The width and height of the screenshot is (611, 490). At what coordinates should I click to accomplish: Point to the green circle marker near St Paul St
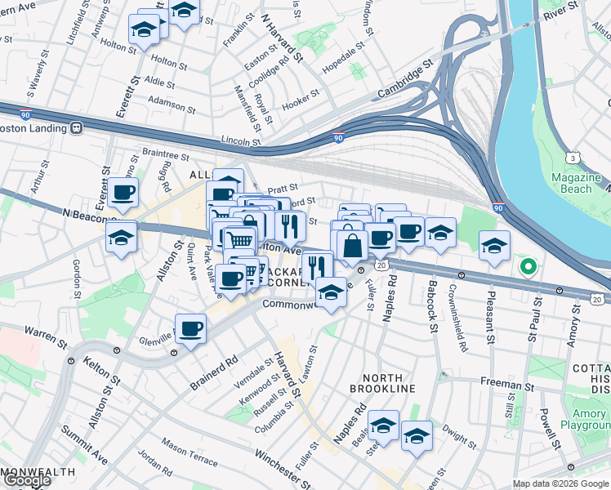point(528,265)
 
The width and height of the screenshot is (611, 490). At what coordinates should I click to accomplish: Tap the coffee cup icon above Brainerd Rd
point(190,330)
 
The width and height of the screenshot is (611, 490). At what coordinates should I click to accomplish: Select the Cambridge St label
point(404,80)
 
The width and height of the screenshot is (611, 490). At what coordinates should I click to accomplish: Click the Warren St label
point(46,332)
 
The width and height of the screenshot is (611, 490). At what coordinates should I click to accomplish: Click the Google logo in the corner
point(26,480)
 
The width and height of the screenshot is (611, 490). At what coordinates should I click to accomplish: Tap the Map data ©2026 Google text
point(560,483)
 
